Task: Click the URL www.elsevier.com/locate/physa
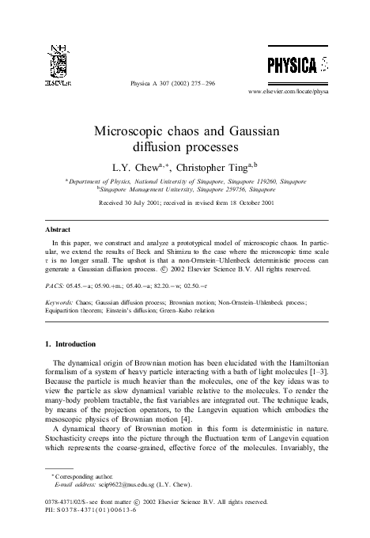(x=300, y=92)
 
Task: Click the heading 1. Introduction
(x=74, y=344)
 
